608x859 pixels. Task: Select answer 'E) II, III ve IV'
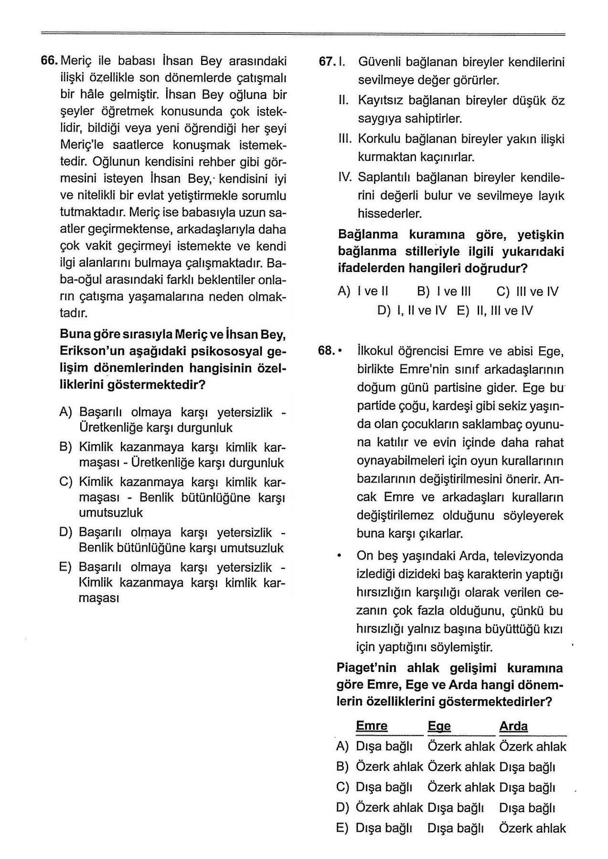pos(494,311)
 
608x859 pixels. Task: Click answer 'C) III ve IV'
pos(527,292)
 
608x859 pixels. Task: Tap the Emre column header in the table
pos(372,726)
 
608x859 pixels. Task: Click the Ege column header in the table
pos(439,726)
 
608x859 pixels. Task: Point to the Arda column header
pos(513,726)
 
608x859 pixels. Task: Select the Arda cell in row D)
pos(527,808)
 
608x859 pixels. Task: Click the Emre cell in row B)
pos(389,767)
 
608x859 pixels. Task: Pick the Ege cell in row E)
pos(455,828)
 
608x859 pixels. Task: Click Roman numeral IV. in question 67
pos(344,178)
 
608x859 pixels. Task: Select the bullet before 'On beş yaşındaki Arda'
pos(339,556)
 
